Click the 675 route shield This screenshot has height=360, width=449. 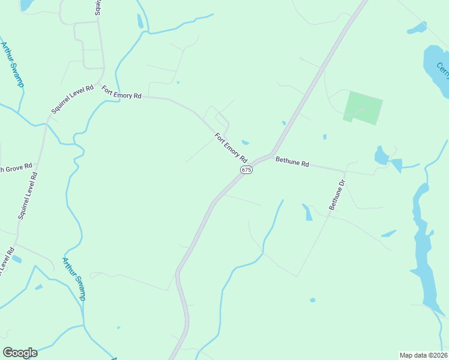click(x=246, y=170)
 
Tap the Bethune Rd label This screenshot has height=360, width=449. click(x=292, y=162)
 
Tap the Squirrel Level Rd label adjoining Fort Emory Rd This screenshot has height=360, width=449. click(x=73, y=100)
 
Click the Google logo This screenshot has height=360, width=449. click(x=20, y=353)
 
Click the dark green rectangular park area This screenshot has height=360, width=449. click(x=364, y=107)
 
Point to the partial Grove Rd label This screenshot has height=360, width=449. click(x=16, y=169)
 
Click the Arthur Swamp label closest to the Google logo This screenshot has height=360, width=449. click(x=74, y=278)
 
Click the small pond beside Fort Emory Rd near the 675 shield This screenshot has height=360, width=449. click(x=245, y=142)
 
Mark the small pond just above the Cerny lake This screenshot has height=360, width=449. click(x=417, y=28)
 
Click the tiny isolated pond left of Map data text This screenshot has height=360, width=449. click(x=312, y=299)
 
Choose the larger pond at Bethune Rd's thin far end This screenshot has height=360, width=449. click(x=381, y=156)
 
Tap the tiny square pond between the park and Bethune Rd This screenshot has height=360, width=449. click(x=325, y=137)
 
